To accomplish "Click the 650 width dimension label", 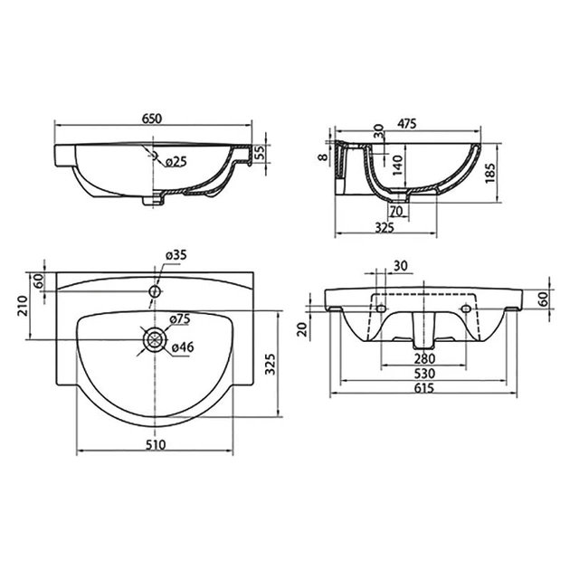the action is pyautogui.click(x=152, y=119).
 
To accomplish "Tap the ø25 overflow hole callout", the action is pyautogui.click(x=176, y=162).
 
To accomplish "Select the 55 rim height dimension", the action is pyautogui.click(x=260, y=153).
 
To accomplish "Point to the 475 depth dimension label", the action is pyautogui.click(x=406, y=124).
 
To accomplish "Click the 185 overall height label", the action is pyautogui.click(x=490, y=173).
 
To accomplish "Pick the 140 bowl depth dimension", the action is pyautogui.click(x=398, y=166).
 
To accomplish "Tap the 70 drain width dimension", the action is pyautogui.click(x=396, y=211).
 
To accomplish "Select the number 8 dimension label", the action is pyautogui.click(x=322, y=157).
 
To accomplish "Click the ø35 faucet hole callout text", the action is pyautogui.click(x=176, y=255).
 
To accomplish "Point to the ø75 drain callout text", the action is pyautogui.click(x=180, y=319).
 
